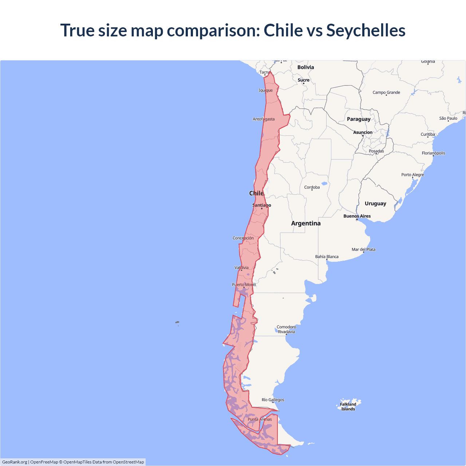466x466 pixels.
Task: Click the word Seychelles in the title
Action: coord(366,30)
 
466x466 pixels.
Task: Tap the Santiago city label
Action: coord(262,205)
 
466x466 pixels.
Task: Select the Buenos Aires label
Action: coord(357,216)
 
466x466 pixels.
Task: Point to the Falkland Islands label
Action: coord(348,407)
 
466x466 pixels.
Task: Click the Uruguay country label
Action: coord(375,204)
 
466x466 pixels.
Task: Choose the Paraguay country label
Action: coord(359,119)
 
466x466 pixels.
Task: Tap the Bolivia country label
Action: coord(305,67)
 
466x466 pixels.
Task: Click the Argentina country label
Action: coord(306,224)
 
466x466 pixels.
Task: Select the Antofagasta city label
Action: coord(264,119)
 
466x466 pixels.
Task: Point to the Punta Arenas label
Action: coord(260,419)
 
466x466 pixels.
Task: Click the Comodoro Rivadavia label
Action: coord(286,329)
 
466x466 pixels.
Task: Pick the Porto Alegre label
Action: coord(412,175)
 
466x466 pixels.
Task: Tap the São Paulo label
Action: coord(448,118)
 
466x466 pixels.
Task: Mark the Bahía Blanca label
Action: coord(327,257)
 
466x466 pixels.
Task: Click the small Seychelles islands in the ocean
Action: coord(177,322)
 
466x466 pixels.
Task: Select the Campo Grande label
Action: coord(386,92)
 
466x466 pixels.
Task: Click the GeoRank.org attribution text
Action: coord(15,462)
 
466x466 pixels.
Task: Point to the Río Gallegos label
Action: coord(273,400)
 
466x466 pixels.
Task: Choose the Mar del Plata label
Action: coord(363,249)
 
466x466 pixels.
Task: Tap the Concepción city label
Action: coord(243,238)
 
